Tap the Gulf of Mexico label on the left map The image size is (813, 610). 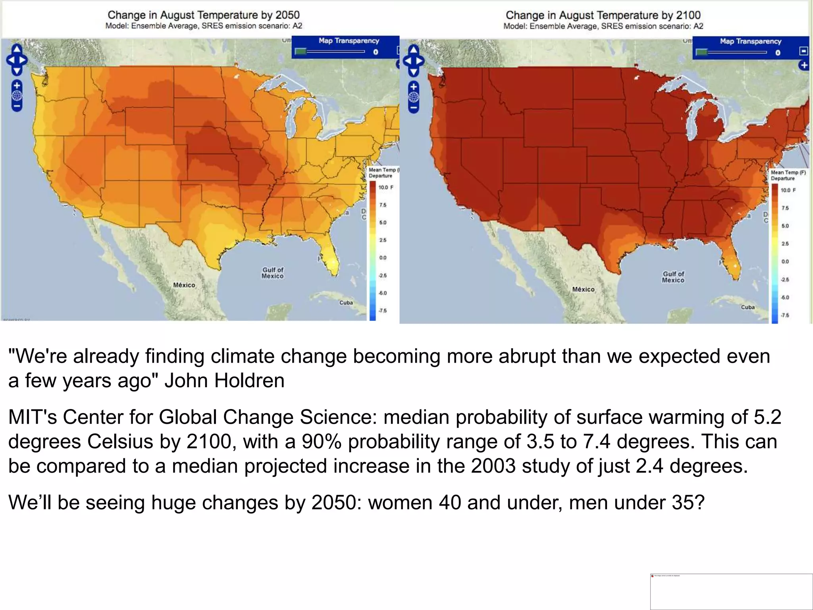pyautogui.click(x=273, y=273)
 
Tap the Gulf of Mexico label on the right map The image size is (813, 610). pyautogui.click(x=673, y=277)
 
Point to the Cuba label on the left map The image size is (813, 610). pyautogui.click(x=346, y=303)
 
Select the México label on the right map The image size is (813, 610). pyautogui.click(x=583, y=290)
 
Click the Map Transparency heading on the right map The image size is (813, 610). pyautogui.click(x=750, y=41)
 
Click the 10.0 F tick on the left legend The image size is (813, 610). pyautogui.click(x=385, y=187)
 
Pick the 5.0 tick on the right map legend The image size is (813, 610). pyautogui.click(x=785, y=226)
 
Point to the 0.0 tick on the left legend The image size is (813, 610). pyautogui.click(x=382, y=258)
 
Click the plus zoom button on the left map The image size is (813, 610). pyautogui.click(x=17, y=85)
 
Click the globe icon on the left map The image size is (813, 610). pyautogui.click(x=17, y=96)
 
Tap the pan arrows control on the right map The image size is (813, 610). pyautogui.click(x=413, y=61)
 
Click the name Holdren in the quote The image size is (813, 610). pyautogui.click(x=249, y=380)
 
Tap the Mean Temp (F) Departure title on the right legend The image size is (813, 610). pyautogui.click(x=787, y=175)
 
